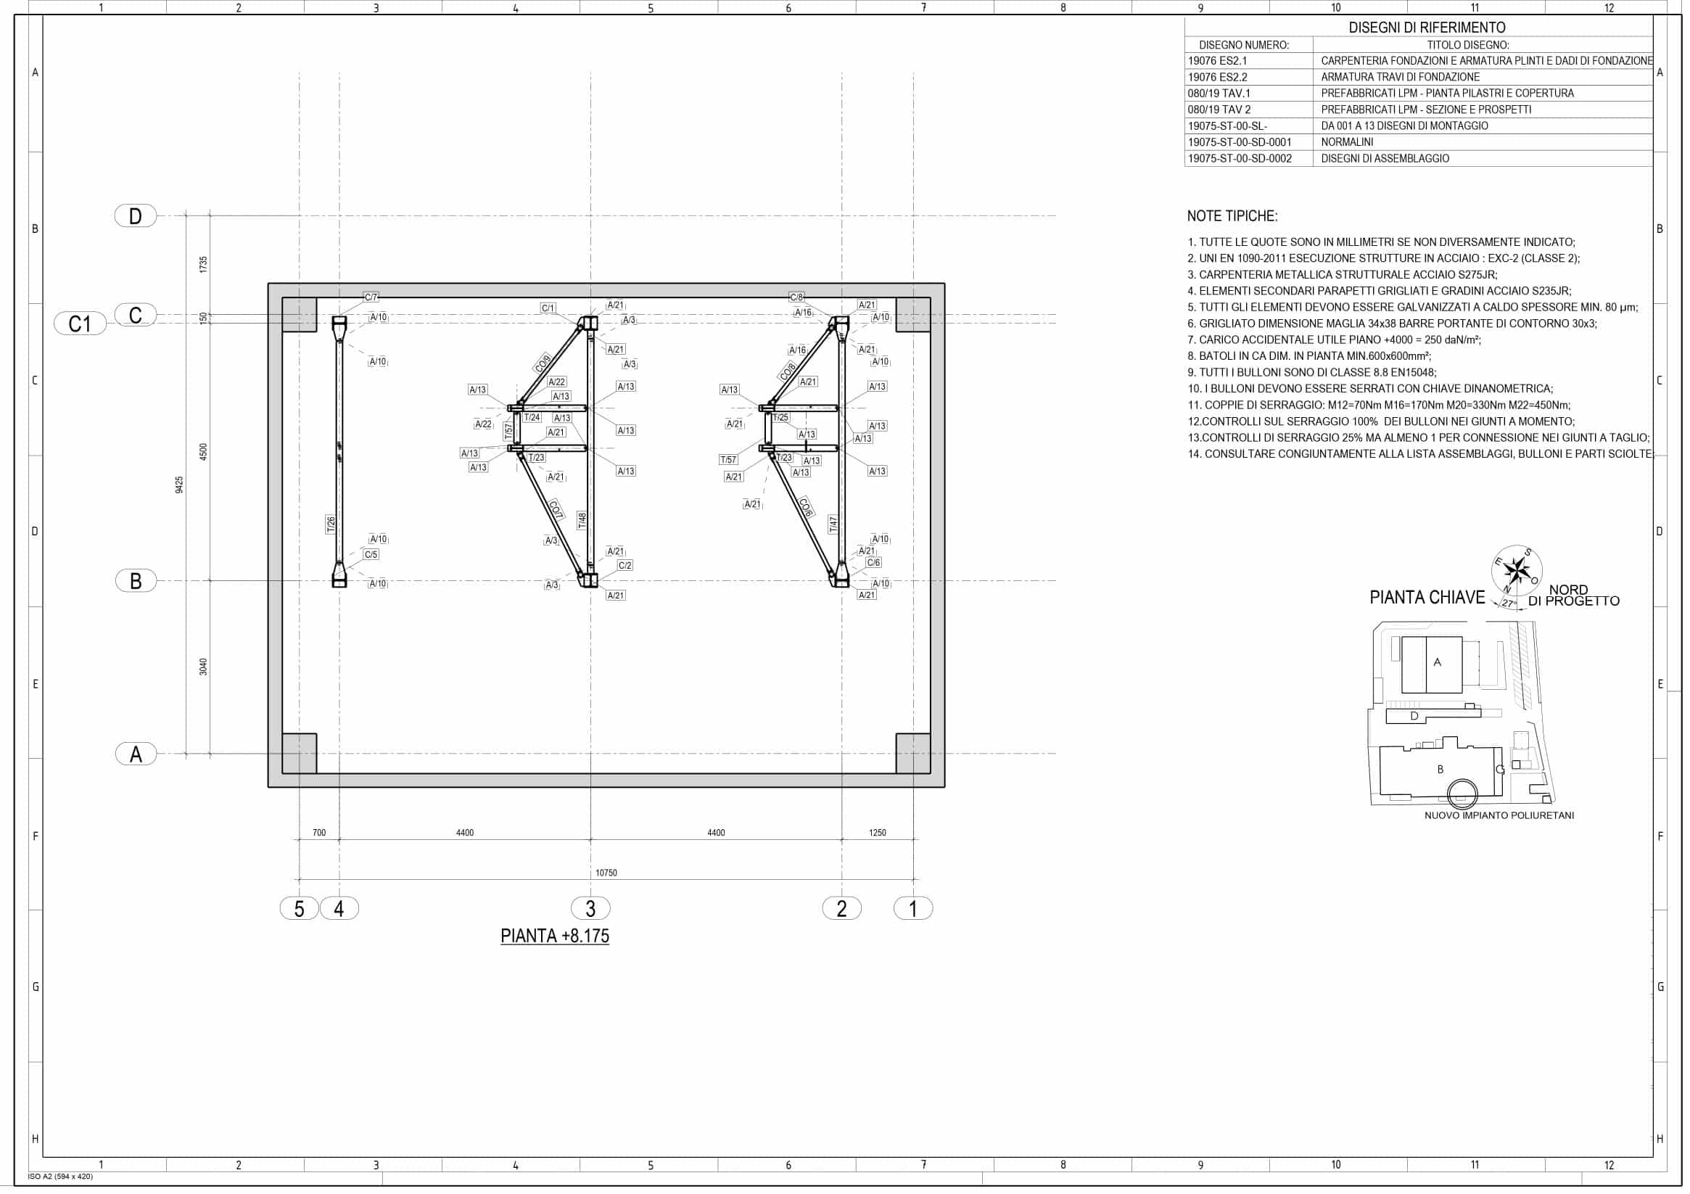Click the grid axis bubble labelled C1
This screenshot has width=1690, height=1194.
click(x=81, y=324)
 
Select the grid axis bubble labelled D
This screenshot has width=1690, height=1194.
click(x=136, y=215)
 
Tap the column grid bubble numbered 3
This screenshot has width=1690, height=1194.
click(x=590, y=908)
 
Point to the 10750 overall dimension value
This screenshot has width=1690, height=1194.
click(x=606, y=873)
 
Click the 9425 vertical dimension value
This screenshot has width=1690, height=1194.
click(x=180, y=485)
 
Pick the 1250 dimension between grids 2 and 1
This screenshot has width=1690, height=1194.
click(x=878, y=833)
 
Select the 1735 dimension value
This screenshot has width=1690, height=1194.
click(x=204, y=265)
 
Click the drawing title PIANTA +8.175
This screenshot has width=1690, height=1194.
click(x=555, y=936)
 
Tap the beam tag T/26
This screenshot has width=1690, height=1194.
click(x=331, y=525)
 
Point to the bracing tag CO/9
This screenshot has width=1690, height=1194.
click(x=543, y=363)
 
